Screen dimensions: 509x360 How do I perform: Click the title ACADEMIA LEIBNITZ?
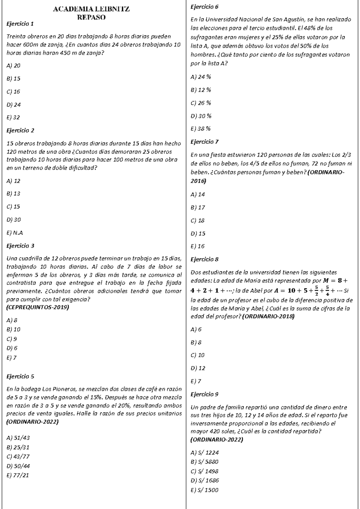coord(91,9)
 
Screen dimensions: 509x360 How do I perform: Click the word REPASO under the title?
coord(91,17)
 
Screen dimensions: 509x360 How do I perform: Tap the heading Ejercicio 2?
coord(20,131)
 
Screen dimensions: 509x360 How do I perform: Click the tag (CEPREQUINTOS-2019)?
coord(37,307)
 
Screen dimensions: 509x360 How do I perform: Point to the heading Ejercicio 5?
coord(20,376)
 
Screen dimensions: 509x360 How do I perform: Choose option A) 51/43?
coord(18,438)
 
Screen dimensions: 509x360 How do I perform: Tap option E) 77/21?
coord(17,475)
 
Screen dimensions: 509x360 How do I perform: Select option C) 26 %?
coord(201,103)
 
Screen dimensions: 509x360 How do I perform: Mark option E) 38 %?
coord(200,129)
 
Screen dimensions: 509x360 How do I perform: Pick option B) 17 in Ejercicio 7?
coord(198,207)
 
